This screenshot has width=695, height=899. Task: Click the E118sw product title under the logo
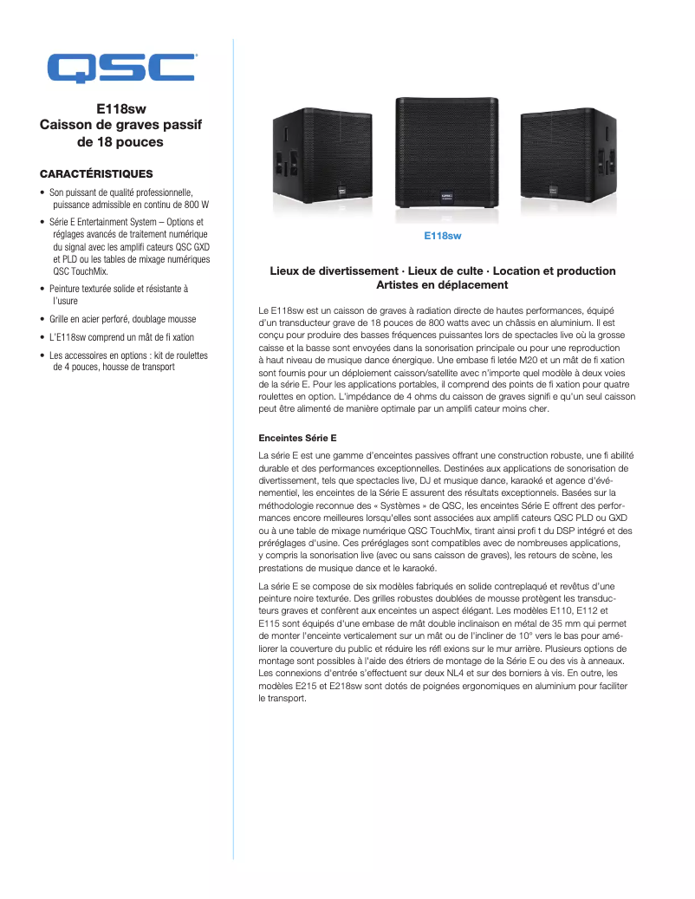pyautogui.click(x=120, y=110)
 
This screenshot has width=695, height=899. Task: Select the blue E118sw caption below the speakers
pyautogui.click(x=442, y=236)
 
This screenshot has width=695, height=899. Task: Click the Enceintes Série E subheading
pyautogui.click(x=297, y=438)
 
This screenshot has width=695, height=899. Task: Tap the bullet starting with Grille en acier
pyautogui.click(x=122, y=319)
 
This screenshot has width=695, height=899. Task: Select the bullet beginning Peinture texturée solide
pyautogui.click(x=118, y=289)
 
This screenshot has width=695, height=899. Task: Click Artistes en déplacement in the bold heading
pyautogui.click(x=442, y=285)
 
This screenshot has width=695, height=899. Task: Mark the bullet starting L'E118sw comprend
pyautogui.click(x=121, y=337)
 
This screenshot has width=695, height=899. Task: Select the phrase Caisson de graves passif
pyautogui.click(x=120, y=126)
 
